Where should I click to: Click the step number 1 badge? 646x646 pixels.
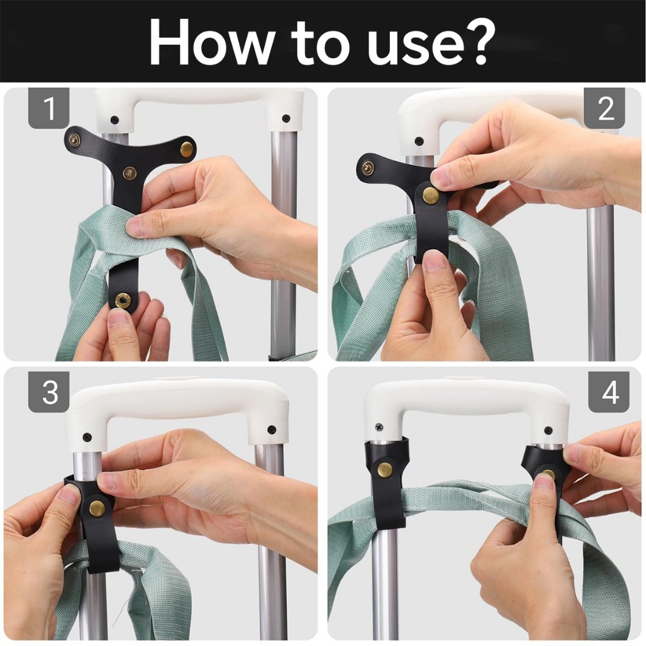pos(49,108)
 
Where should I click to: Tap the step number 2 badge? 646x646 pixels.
pos(605,108)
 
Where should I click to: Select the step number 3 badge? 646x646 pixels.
pos(49,391)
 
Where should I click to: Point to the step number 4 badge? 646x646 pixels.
pos(609,391)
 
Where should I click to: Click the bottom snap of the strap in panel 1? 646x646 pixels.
pos(122,300)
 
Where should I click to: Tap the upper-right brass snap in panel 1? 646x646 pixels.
pos(187,147)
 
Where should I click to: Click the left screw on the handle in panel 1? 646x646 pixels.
pos(114,120)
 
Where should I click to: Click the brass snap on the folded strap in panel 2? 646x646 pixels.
pos(431,194)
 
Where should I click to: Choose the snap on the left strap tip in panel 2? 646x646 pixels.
pos(368,167)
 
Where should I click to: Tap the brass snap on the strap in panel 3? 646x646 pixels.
pos(97,505)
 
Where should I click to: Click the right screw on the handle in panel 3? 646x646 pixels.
pos(271,430)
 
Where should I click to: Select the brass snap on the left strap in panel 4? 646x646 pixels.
pos(385,469)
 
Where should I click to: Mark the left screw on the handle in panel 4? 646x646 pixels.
pos(379,427)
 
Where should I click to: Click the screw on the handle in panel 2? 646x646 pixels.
pos(419,141)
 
